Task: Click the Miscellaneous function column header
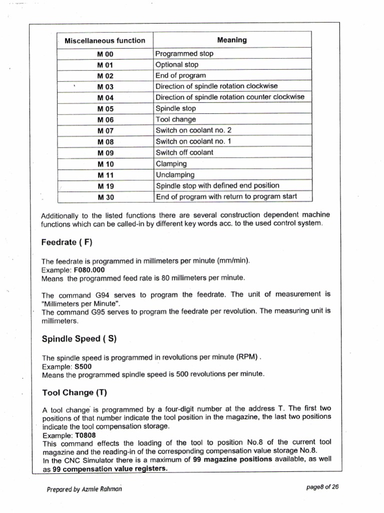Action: (x=105, y=41)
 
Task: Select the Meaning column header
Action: (x=231, y=40)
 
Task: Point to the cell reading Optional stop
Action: (x=177, y=65)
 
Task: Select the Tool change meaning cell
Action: (x=176, y=120)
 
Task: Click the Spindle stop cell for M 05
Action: (x=176, y=109)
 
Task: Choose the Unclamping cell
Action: (x=175, y=175)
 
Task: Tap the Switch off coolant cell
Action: (x=184, y=152)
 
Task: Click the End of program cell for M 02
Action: (x=180, y=76)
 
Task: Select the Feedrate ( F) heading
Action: (x=67, y=242)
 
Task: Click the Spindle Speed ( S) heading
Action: (x=79, y=339)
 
